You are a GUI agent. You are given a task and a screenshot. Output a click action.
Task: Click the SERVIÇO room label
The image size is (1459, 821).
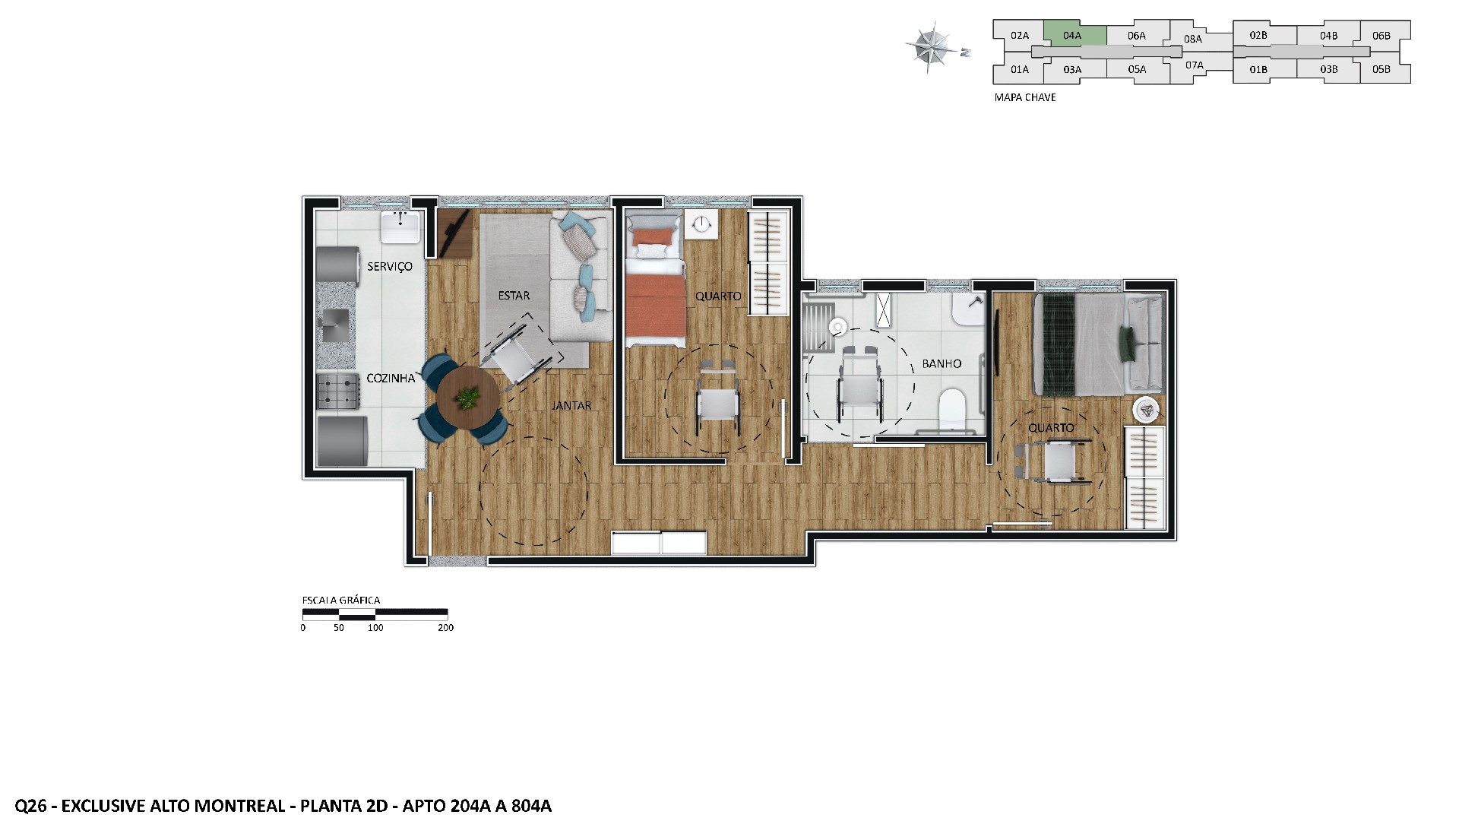pyautogui.click(x=389, y=267)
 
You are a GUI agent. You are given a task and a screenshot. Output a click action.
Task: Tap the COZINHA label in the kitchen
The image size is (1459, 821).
pyautogui.click(x=391, y=379)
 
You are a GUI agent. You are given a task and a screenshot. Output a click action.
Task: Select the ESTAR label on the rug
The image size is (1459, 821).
pyautogui.click(x=514, y=296)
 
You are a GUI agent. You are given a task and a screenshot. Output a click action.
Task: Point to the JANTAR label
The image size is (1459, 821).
pyautogui.click(x=571, y=406)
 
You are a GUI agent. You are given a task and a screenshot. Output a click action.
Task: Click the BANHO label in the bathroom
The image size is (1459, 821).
pyautogui.click(x=942, y=364)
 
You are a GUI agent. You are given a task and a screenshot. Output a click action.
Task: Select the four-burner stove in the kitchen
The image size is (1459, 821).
pyautogui.click(x=337, y=391)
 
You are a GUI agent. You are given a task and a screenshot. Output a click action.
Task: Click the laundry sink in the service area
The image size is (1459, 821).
pyautogui.click(x=400, y=227)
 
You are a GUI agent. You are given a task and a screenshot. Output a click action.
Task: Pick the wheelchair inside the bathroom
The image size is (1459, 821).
pyautogui.click(x=860, y=388)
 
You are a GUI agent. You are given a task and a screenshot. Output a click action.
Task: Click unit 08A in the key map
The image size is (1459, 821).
pyautogui.click(x=1192, y=39)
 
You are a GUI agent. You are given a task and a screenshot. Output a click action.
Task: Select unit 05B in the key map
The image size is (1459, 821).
pyautogui.click(x=1381, y=69)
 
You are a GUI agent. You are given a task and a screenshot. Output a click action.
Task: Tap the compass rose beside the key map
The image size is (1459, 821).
pyautogui.click(x=932, y=47)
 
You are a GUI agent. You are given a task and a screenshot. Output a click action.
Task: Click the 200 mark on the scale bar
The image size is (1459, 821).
pyautogui.click(x=446, y=628)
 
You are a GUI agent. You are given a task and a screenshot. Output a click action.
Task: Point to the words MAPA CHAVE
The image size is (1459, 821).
pyautogui.click(x=1025, y=98)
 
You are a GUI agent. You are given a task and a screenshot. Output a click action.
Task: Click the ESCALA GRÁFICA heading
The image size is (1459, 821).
pyautogui.click(x=341, y=601)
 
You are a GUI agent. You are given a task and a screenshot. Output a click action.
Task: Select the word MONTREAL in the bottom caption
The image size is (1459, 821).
pyautogui.click(x=240, y=806)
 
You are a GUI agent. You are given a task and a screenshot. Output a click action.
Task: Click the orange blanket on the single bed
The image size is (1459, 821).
pyautogui.click(x=655, y=307)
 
